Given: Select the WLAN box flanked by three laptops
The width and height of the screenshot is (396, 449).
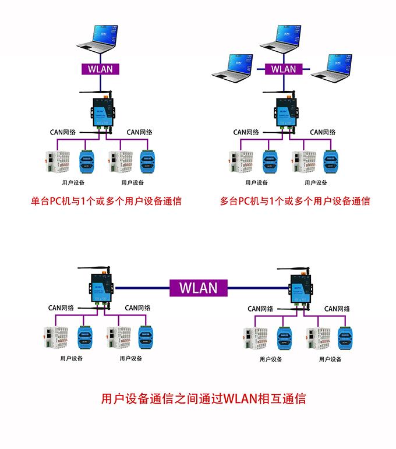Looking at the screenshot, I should tap(284, 69).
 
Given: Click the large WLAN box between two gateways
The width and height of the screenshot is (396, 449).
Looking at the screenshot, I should tap(198, 287).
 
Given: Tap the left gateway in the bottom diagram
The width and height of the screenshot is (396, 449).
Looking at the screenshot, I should tap(100, 287).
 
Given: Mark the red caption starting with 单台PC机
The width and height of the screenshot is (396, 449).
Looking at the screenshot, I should tap(106, 201).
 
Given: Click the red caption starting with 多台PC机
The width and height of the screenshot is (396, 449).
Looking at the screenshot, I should tap(295, 201).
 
